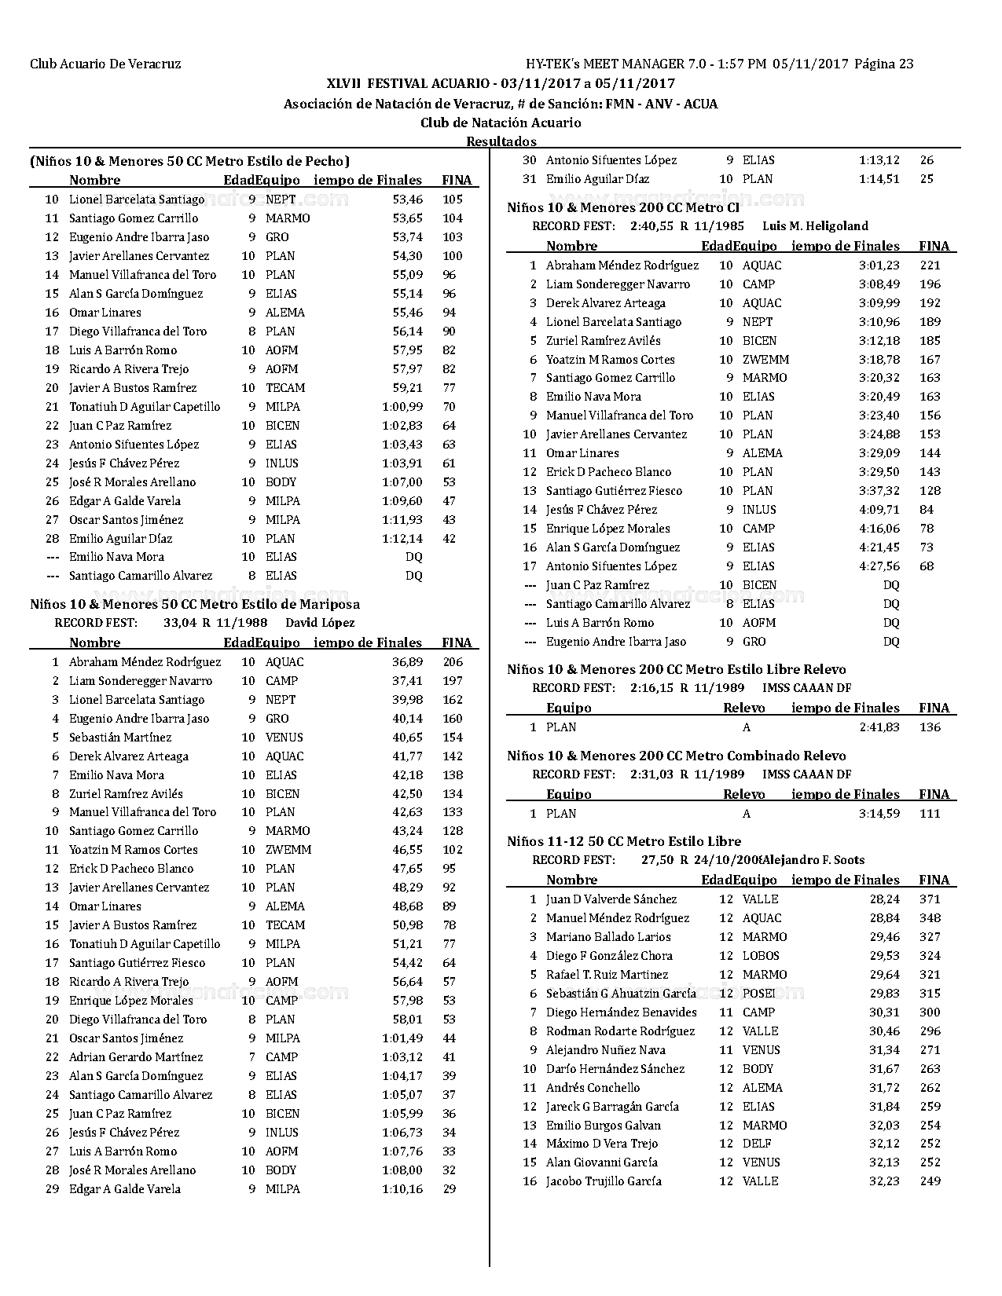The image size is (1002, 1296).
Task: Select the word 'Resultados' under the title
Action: [x=501, y=141]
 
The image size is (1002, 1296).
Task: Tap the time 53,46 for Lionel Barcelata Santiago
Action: [x=407, y=200]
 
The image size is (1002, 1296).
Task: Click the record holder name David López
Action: [x=320, y=623]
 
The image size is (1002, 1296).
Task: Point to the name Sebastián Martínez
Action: [x=120, y=738]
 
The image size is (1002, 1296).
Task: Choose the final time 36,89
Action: [x=407, y=662]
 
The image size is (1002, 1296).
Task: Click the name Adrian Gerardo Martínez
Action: [x=136, y=1057]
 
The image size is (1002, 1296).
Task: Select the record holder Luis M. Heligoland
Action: [x=815, y=226]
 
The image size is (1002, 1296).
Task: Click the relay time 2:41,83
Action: [x=879, y=727]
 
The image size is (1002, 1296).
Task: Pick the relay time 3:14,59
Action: [x=879, y=814]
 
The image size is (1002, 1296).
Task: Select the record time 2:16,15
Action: [x=651, y=688]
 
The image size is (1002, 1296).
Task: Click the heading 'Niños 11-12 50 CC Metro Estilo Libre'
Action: [x=624, y=841]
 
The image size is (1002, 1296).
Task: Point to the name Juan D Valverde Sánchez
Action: [x=611, y=899]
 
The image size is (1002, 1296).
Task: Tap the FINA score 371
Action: [x=930, y=899]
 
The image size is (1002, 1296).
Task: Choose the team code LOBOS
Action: [x=761, y=956]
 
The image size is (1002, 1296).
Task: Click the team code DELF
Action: [x=757, y=1144]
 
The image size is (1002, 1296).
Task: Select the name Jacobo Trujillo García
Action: [x=604, y=1181]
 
